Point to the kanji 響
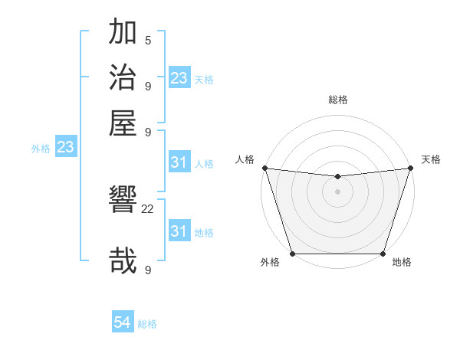(123, 201)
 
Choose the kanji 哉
(123, 260)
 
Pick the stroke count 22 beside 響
(148, 208)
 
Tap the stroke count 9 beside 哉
(148, 270)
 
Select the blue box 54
(123, 323)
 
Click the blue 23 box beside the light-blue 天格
(179, 78)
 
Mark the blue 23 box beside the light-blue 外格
(65, 148)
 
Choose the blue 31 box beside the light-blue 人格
(179, 162)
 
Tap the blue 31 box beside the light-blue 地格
(179, 231)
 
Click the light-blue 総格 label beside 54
(147, 324)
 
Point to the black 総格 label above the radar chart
(338, 100)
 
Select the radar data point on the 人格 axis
(264, 168)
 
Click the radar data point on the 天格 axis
(411, 168)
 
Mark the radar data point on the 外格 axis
(293, 254)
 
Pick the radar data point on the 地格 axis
(383, 254)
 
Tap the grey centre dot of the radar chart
(338, 191)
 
